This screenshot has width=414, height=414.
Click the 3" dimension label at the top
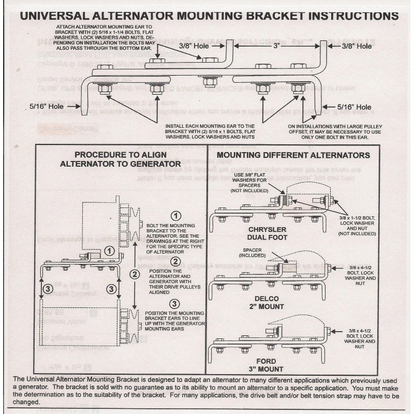[277, 46]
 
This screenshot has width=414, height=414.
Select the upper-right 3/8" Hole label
[357, 46]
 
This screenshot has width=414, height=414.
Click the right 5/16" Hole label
[354, 107]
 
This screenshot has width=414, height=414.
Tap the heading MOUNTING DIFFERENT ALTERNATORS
[293, 155]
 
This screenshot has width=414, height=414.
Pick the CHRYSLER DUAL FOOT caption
[268, 233]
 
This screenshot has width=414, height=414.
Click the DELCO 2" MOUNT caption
[268, 303]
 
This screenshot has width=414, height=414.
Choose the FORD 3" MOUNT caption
[267, 365]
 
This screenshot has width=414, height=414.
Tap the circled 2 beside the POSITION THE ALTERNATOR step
[176, 261]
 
